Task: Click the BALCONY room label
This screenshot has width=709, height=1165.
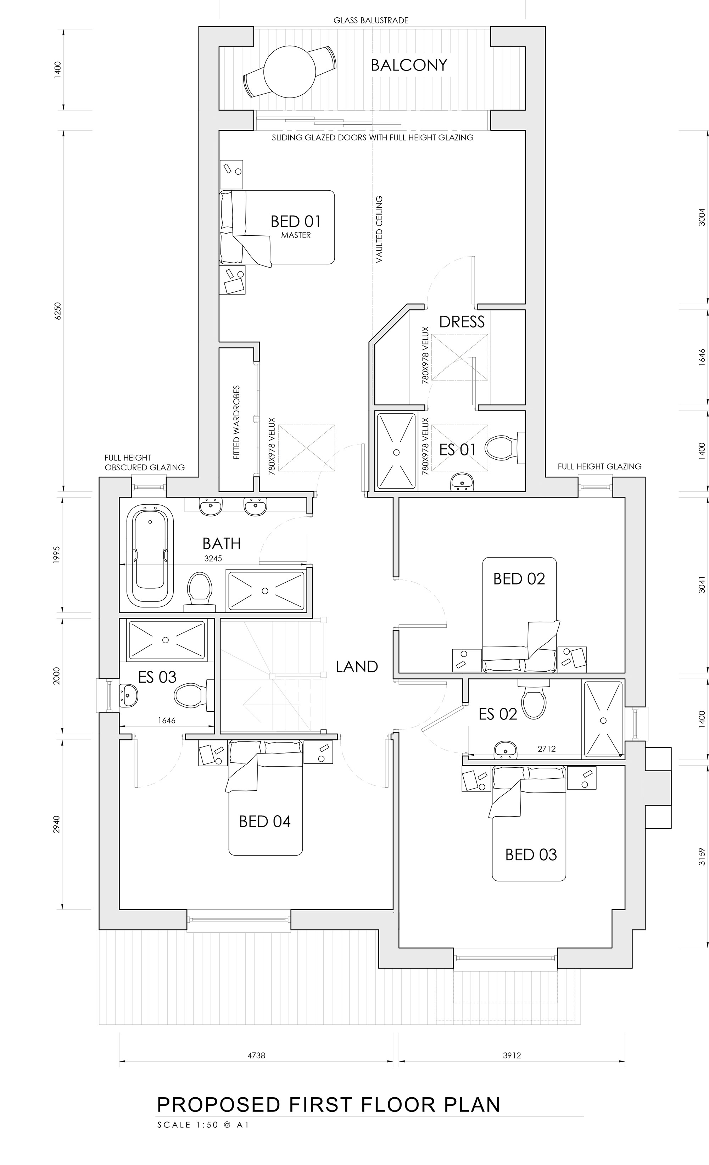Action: (409, 65)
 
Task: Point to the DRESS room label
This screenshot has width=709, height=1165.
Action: (462, 322)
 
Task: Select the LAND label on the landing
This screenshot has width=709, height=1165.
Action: (357, 667)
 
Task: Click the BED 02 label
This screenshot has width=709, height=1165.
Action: (519, 579)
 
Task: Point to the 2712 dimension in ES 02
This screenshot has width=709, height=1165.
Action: (546, 749)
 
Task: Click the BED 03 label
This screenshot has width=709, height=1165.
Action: (531, 855)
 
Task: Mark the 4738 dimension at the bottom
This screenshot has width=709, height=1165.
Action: (256, 1065)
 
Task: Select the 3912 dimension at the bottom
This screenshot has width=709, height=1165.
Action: (512, 1065)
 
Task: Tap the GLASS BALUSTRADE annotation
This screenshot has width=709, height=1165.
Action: (371, 20)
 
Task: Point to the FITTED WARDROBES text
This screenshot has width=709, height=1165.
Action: (236, 422)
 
